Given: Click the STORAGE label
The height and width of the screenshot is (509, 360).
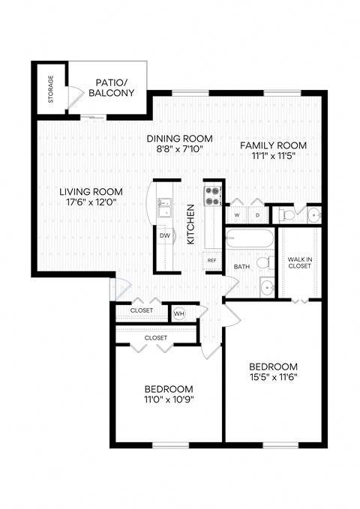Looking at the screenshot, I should pos(50,88).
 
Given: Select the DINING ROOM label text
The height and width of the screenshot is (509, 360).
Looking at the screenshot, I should pos(179,139).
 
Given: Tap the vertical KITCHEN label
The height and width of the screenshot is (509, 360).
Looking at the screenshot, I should pos(190,224).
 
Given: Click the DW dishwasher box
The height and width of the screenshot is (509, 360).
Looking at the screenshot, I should pos(164,235).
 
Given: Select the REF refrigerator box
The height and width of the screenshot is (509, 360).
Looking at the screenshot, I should pos(212,260).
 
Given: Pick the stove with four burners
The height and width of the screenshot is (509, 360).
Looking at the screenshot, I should pos(212,196).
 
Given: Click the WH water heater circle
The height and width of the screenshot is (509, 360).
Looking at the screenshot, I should pos(179,313).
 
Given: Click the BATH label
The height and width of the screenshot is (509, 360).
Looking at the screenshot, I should pos(241,266).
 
